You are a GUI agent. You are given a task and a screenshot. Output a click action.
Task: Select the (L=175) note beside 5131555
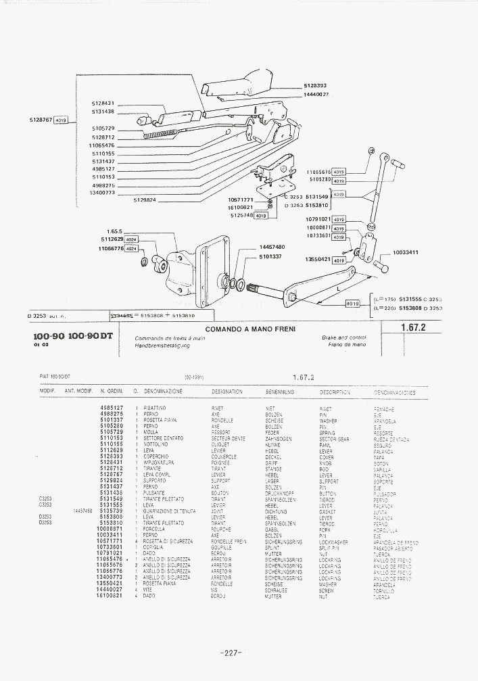384,298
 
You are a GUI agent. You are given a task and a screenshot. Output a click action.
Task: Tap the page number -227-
231,653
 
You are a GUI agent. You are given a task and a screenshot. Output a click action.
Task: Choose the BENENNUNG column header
279,392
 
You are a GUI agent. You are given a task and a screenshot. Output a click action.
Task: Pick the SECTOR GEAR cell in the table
334,439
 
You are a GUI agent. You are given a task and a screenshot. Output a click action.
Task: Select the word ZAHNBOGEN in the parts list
279,439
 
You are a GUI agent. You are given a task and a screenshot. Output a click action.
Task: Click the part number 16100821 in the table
110,596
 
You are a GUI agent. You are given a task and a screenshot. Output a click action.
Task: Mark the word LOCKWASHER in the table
333,542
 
